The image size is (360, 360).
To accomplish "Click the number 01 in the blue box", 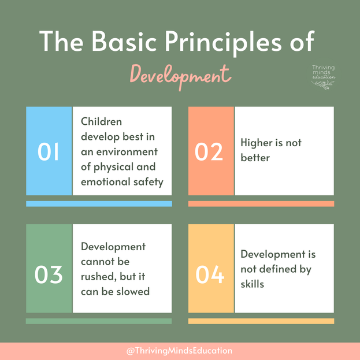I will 49,151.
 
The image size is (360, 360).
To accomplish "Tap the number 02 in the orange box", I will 209,151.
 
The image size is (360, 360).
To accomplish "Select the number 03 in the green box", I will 49,274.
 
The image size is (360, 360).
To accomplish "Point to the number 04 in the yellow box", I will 209,274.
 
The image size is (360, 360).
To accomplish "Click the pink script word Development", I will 180,76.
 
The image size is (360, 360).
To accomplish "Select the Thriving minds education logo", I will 323,77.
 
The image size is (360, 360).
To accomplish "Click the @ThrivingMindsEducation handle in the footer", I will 179,351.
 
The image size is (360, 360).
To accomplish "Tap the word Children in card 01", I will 101,121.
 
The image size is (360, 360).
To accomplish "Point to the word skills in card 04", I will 253,284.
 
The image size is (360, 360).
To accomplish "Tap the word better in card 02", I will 255,157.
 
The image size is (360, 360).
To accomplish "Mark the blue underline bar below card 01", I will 99,203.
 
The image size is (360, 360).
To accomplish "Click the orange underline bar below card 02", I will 261,203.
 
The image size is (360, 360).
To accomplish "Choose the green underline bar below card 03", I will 99,321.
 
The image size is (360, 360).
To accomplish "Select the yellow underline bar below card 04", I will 261,321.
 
